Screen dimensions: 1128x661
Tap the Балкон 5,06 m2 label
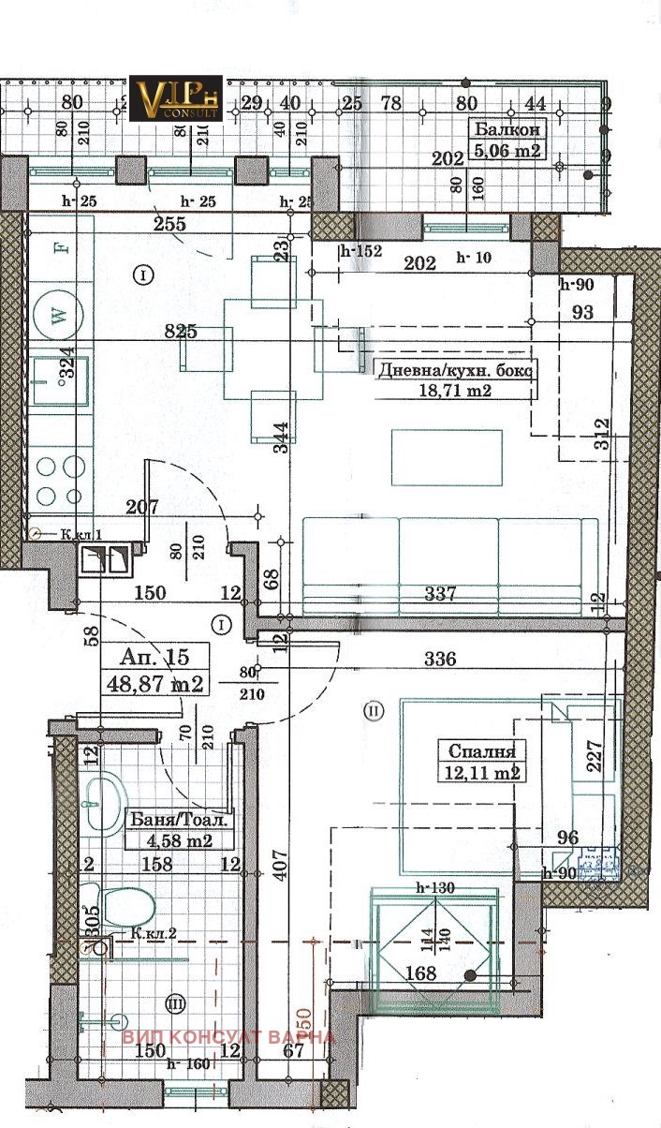click(508, 141)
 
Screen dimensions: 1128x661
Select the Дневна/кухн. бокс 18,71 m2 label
click(454, 379)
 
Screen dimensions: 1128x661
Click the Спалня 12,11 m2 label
click(481, 761)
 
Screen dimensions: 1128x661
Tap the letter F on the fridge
click(59, 248)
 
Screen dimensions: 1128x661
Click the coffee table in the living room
click(446, 457)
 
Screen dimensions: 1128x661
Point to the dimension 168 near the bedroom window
click(421, 974)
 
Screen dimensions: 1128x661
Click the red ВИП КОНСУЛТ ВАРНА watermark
click(228, 1037)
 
